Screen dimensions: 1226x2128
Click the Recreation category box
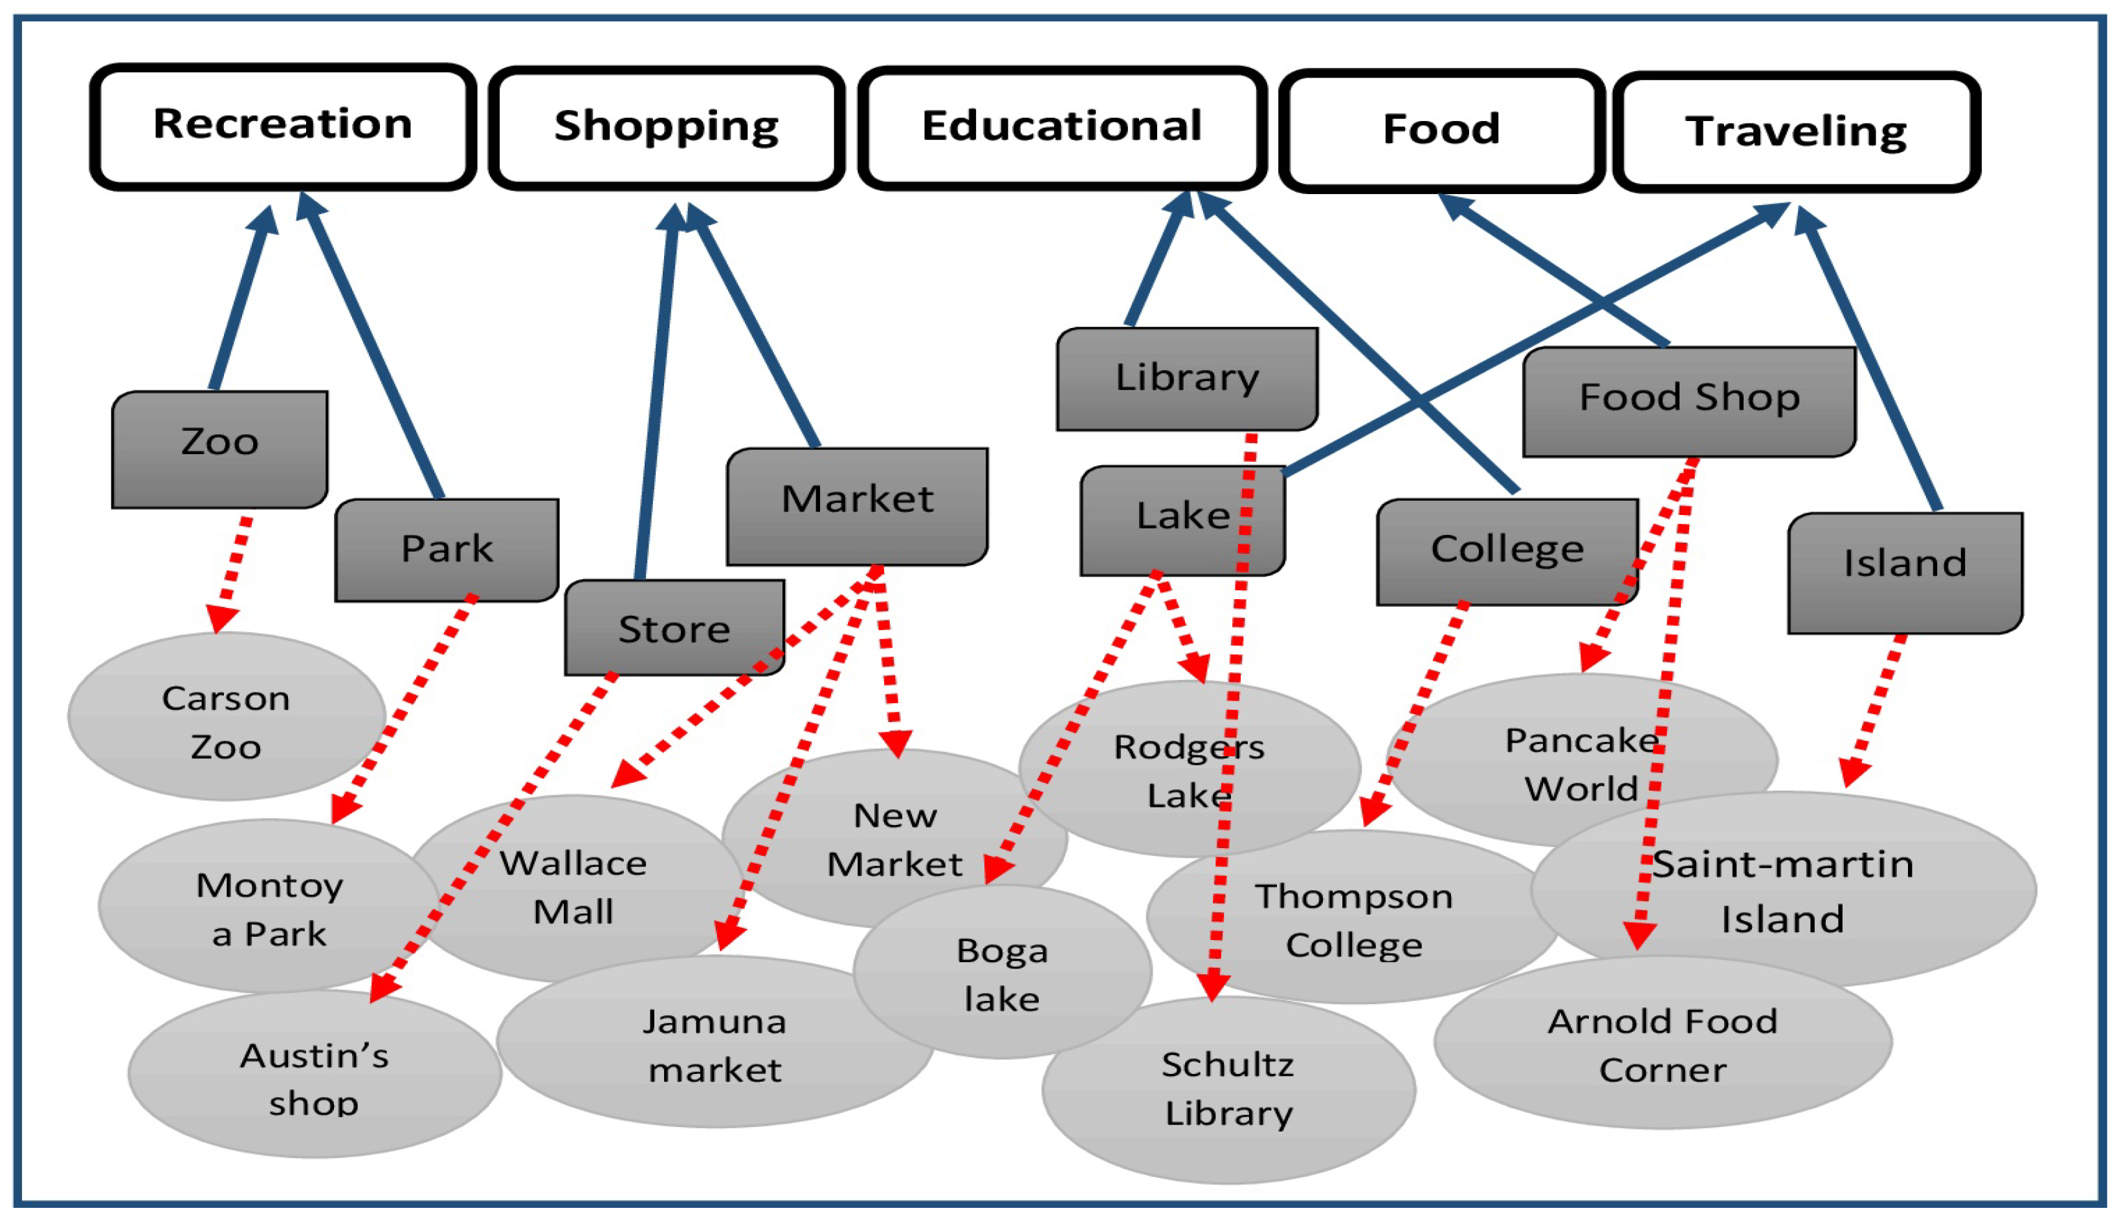[x=282, y=126]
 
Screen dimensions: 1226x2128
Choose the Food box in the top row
[x=1441, y=131]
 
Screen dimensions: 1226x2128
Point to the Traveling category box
[x=1795, y=132]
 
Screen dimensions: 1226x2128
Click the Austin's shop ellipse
[x=313, y=1078]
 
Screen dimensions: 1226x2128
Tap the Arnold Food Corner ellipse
[x=1661, y=1044]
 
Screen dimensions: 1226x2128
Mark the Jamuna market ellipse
[x=714, y=1044]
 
